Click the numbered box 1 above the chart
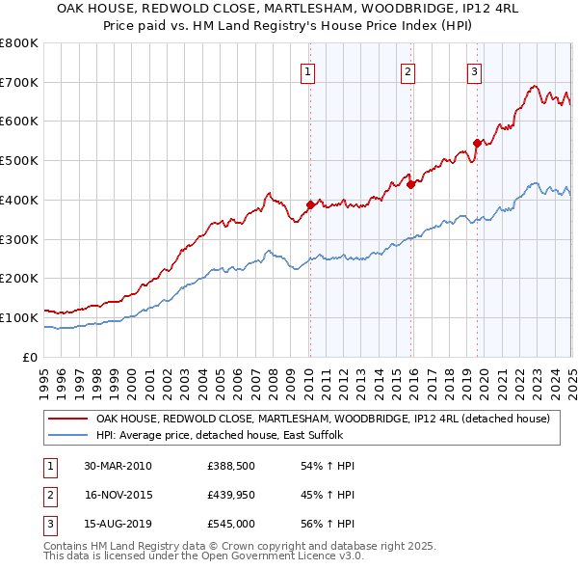click(x=307, y=70)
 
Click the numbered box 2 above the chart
click(x=408, y=70)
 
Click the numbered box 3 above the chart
click(x=475, y=70)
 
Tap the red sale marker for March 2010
click(x=310, y=204)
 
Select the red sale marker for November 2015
click(x=410, y=184)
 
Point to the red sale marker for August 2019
click(x=477, y=143)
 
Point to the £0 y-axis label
click(x=30, y=357)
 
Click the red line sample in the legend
click(x=66, y=420)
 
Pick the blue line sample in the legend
click(x=66, y=436)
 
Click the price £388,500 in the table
click(x=230, y=466)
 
